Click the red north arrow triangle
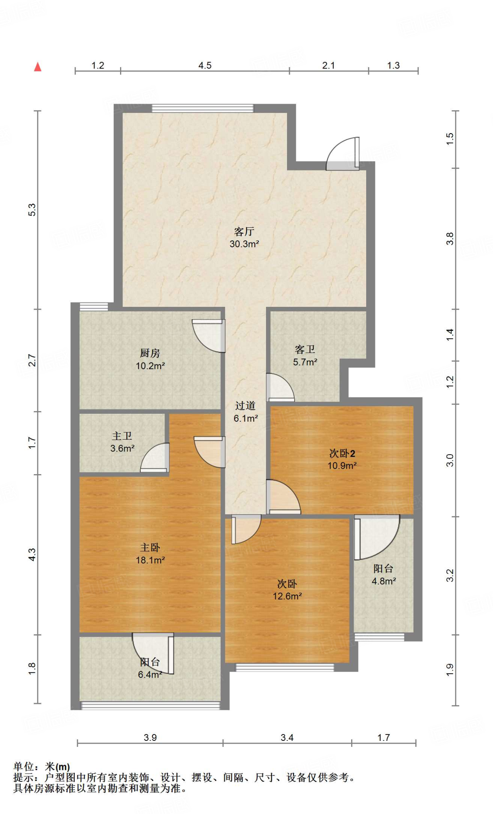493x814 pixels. [38, 67]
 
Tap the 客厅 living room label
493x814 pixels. [244, 231]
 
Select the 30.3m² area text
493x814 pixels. [244, 244]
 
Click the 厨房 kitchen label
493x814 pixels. [150, 353]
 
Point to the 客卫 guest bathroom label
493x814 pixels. [305, 349]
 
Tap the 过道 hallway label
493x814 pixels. [245, 406]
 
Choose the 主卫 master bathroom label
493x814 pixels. [122, 436]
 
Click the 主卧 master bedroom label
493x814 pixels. [150, 547]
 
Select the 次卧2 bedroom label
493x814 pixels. [342, 453]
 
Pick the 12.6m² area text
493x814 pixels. [287, 596]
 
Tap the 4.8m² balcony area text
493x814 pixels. [384, 581]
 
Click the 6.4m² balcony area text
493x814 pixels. [150, 674]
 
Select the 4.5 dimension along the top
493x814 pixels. [205, 65]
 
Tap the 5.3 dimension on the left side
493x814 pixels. [32, 210]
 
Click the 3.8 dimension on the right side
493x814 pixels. [450, 238]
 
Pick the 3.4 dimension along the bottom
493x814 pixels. [287, 738]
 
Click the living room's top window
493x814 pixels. [203, 108]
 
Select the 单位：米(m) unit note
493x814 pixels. [42, 766]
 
